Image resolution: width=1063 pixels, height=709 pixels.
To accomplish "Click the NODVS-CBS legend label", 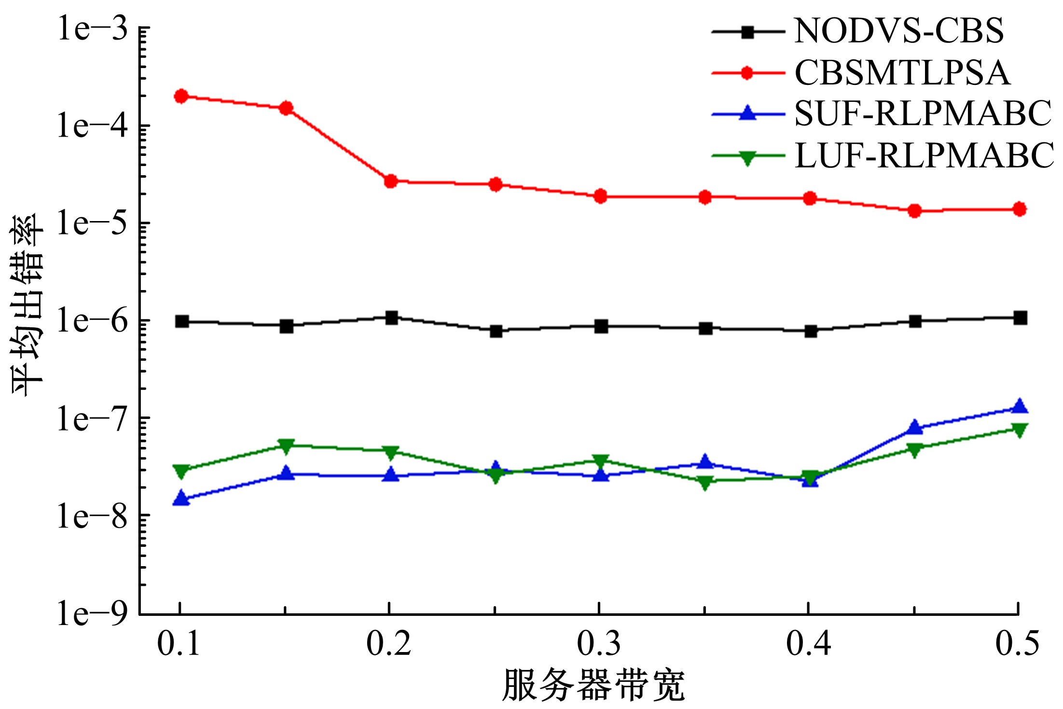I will click(x=898, y=31).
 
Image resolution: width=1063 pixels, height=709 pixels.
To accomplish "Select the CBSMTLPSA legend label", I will click(x=902, y=73).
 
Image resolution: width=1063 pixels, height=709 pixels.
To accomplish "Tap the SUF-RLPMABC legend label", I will click(x=923, y=114).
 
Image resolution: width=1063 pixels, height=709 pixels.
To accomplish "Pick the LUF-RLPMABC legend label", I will click(x=924, y=156).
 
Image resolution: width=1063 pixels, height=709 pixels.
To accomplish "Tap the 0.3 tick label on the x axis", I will click(x=599, y=644).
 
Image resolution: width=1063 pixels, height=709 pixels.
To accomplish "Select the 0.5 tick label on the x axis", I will click(x=1018, y=644).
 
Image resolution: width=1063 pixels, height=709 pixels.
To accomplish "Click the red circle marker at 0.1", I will click(x=181, y=96).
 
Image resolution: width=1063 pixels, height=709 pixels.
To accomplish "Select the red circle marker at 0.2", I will click(x=391, y=181).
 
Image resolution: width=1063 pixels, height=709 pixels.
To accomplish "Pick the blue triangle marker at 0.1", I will click(x=181, y=498).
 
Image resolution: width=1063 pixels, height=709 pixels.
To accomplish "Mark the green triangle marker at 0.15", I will click(x=287, y=446).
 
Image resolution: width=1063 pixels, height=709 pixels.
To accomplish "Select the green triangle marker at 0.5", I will click(x=1020, y=430).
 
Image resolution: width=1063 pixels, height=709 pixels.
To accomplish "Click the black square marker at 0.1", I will click(x=182, y=321).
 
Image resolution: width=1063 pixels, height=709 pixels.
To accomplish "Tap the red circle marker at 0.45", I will click(x=914, y=210).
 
